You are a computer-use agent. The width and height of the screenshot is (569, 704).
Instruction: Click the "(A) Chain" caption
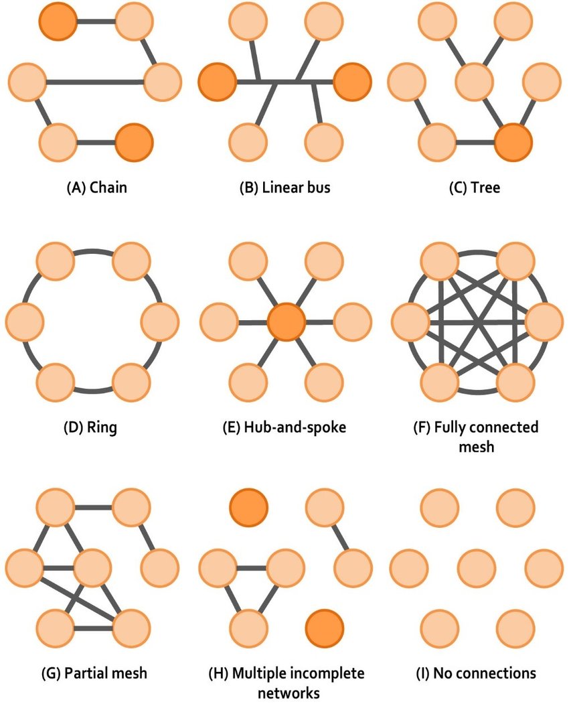pyautogui.click(x=96, y=188)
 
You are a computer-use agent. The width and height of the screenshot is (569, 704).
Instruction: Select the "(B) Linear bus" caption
pyautogui.click(x=285, y=188)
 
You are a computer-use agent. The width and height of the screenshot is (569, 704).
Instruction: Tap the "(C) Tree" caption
pyautogui.click(x=474, y=188)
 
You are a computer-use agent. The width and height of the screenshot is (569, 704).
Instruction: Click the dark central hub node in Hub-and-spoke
pyautogui.click(x=286, y=322)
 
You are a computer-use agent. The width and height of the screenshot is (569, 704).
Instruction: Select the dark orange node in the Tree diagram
pyautogui.click(x=513, y=142)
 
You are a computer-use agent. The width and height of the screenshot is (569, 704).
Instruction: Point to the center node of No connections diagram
pyautogui.click(x=475, y=567)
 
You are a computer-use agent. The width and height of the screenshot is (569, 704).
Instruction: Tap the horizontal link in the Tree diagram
pyautogui.click(x=475, y=142)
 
